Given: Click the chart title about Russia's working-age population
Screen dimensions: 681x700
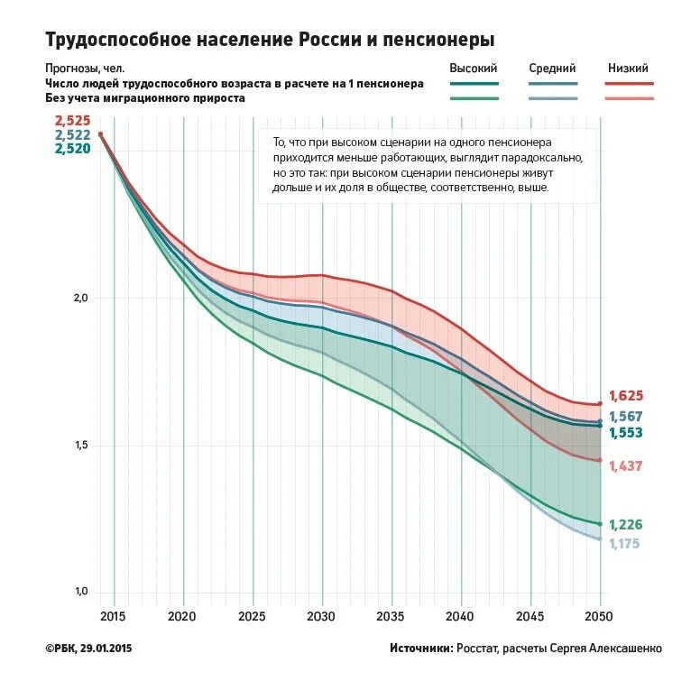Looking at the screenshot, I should coord(270,41).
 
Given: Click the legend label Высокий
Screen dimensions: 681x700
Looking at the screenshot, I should coord(474,68).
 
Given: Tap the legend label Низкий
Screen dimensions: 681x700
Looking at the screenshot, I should coord(628,68).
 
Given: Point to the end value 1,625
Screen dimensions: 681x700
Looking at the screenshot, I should coord(626,396).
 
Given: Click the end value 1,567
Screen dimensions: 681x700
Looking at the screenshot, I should coord(626,417).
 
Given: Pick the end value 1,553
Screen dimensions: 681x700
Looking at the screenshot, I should coord(626,433).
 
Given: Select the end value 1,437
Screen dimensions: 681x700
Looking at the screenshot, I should coord(626,466).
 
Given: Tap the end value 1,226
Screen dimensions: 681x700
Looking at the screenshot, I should coord(626,525).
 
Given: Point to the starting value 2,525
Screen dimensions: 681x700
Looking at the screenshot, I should coord(72,120).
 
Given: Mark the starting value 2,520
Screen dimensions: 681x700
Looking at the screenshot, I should coord(72,149).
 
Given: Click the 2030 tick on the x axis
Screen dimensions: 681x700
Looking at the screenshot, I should coord(322,617).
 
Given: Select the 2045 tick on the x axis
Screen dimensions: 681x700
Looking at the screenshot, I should coord(530,617).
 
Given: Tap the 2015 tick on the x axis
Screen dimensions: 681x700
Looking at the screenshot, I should coord(114,617).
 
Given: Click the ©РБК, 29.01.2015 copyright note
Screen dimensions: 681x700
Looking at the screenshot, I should coord(87,648).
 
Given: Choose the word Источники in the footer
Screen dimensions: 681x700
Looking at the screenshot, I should coord(421,648).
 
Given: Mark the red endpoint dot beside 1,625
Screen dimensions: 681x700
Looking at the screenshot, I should coord(600,404).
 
